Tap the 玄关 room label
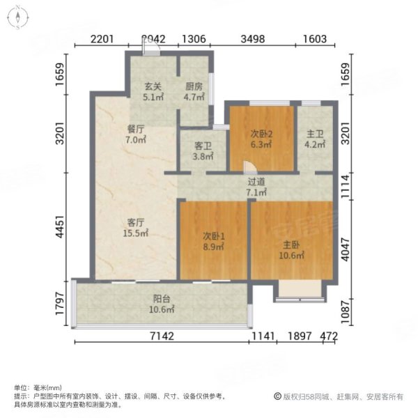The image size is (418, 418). pos(153,87)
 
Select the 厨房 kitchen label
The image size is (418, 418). pos(194,87)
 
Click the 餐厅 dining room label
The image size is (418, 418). pos(135,129)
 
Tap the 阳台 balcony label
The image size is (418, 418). pos(161,300)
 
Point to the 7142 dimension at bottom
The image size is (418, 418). pos(162,337)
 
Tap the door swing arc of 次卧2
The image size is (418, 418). pos(249,167)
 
